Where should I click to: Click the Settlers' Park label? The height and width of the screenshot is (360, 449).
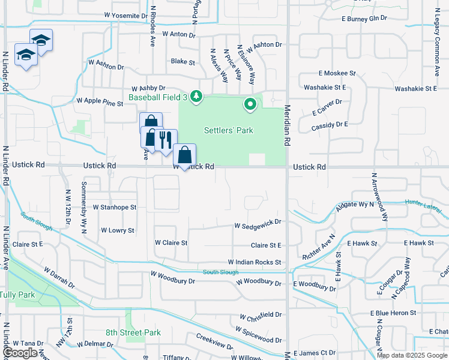228,130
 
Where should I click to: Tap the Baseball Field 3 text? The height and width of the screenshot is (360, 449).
158,97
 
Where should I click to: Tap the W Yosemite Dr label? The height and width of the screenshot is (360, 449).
125,15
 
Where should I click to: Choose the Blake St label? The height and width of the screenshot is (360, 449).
183,62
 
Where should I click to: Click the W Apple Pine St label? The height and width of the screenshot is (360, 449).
99,102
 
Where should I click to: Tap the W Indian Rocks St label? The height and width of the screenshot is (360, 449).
254,262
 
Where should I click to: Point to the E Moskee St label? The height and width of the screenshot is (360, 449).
337,73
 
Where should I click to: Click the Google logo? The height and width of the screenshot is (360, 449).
20,353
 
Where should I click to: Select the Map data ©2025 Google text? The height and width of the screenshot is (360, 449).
411,355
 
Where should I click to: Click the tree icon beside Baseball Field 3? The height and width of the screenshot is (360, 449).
196,97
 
